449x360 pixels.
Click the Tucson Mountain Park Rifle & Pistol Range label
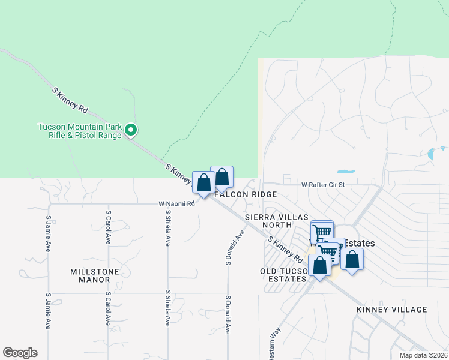80,131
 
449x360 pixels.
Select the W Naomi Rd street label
177,204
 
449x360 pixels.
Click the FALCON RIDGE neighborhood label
252,194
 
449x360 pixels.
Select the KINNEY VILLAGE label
391,310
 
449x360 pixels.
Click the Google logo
20,353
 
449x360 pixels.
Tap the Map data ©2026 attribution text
423,355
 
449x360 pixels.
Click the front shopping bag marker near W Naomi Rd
203,182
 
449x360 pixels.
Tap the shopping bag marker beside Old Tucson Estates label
319,265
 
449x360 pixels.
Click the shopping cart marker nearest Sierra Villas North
322,231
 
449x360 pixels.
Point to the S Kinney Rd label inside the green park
70,100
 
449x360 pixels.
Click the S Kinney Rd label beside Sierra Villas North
285,249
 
